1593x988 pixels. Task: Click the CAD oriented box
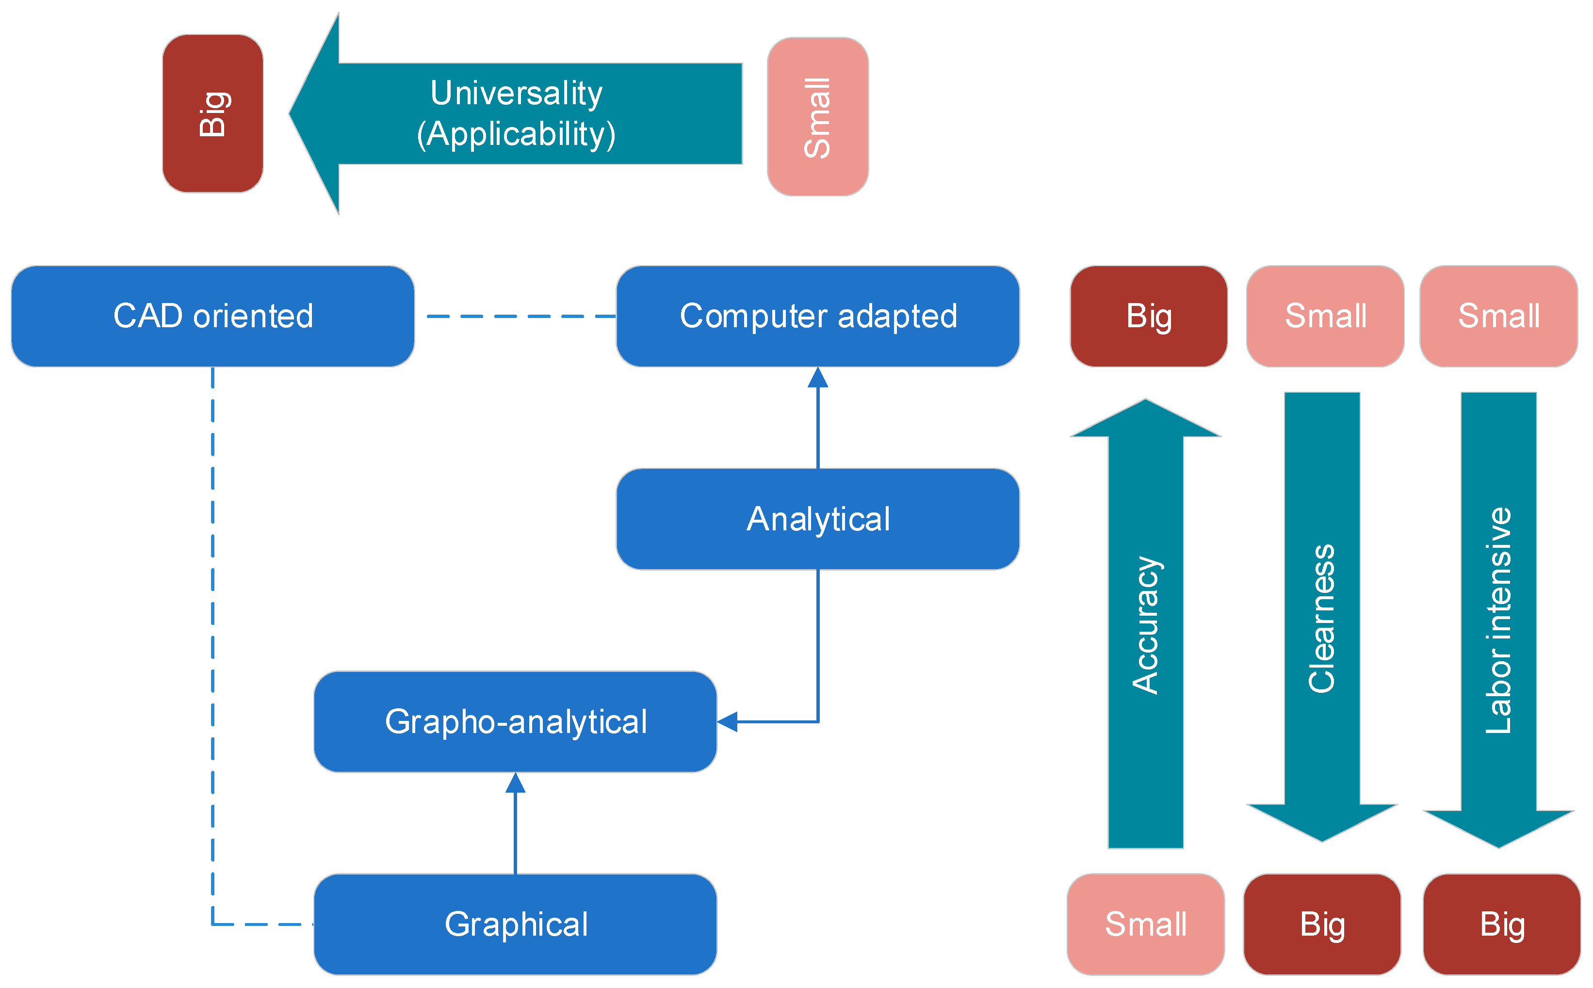(212, 316)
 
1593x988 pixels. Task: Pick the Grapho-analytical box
(515, 721)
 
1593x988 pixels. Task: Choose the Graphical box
(515, 924)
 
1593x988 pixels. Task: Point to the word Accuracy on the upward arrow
(1145, 624)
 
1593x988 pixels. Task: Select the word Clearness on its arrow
(1322, 618)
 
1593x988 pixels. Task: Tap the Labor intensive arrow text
(1498, 621)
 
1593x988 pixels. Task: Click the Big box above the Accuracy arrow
(1149, 316)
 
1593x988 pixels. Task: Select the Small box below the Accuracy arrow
(1145, 924)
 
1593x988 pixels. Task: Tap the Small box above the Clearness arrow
(1325, 316)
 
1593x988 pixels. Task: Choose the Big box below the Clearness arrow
(1322, 924)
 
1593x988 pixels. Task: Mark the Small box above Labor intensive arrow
(1498, 316)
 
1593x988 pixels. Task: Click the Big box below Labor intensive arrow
(1501, 924)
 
